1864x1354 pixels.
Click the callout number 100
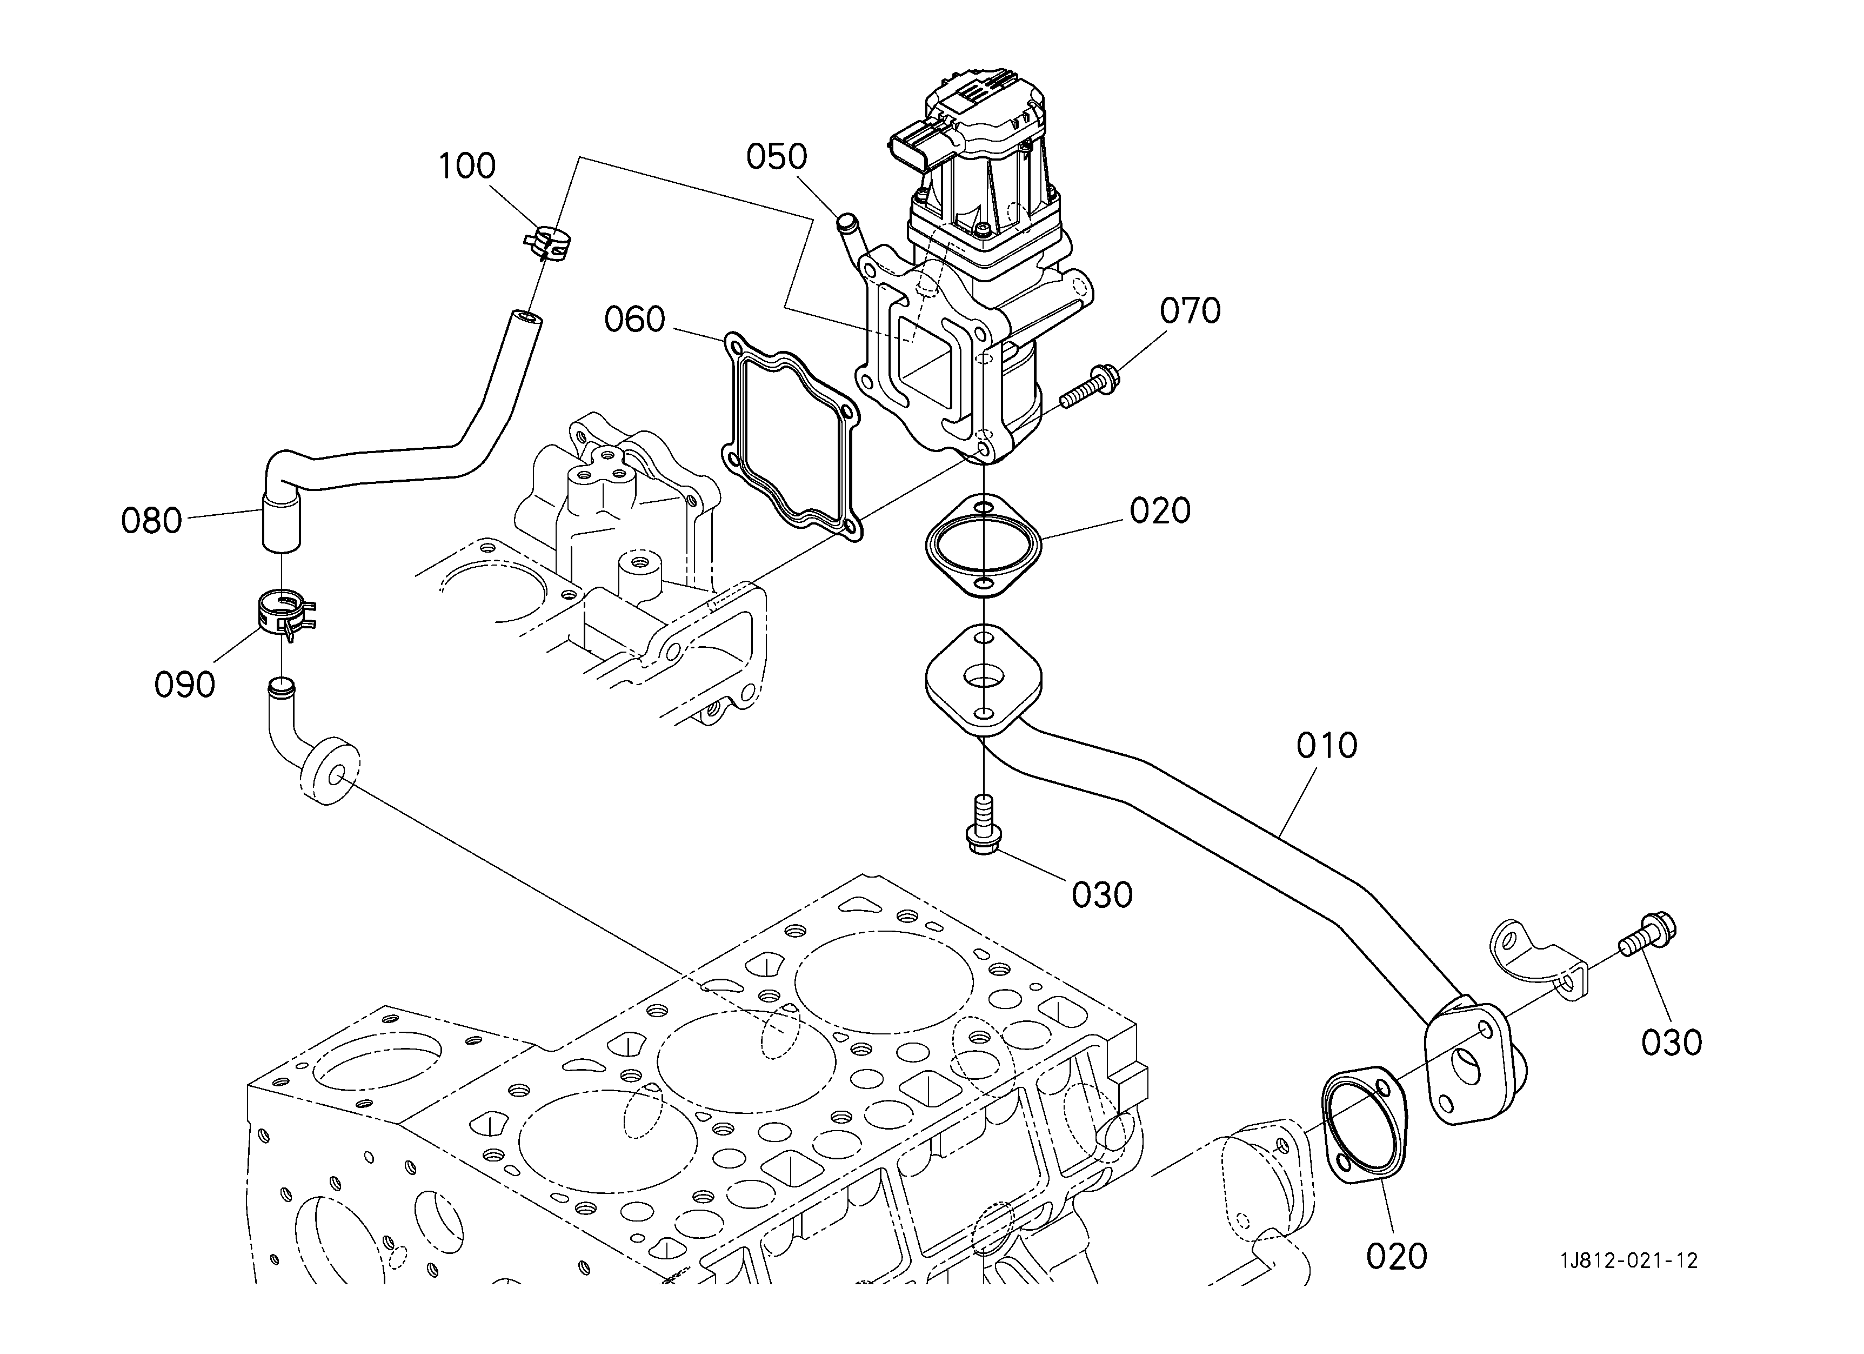point(467,166)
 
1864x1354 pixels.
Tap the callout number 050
point(777,156)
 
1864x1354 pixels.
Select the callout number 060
point(634,319)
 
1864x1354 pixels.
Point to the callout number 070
point(1190,311)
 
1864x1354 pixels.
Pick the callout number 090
point(185,684)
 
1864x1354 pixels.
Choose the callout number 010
point(1326,746)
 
